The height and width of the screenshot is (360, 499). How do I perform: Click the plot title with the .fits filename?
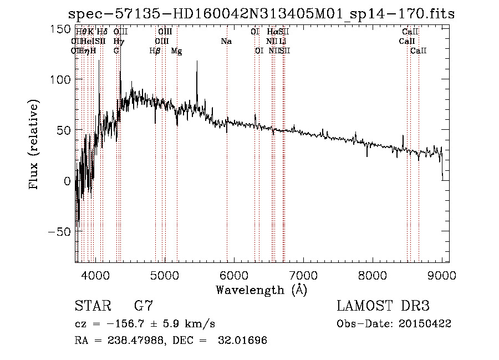pos(261,14)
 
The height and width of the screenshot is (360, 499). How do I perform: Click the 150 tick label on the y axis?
pos(61,29)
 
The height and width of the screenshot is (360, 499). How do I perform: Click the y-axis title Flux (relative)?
pos(34,145)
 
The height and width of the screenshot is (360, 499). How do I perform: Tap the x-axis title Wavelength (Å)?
pos(261,290)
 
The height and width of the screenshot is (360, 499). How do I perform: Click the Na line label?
pos(226,42)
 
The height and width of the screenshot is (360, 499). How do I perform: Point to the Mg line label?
pos(176,51)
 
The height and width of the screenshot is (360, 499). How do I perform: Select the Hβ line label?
pos(155,51)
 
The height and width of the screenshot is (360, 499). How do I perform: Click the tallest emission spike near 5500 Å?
pos(197,62)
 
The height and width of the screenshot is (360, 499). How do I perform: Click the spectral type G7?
pos(144,306)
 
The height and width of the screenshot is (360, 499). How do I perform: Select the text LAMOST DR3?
pos(383,306)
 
